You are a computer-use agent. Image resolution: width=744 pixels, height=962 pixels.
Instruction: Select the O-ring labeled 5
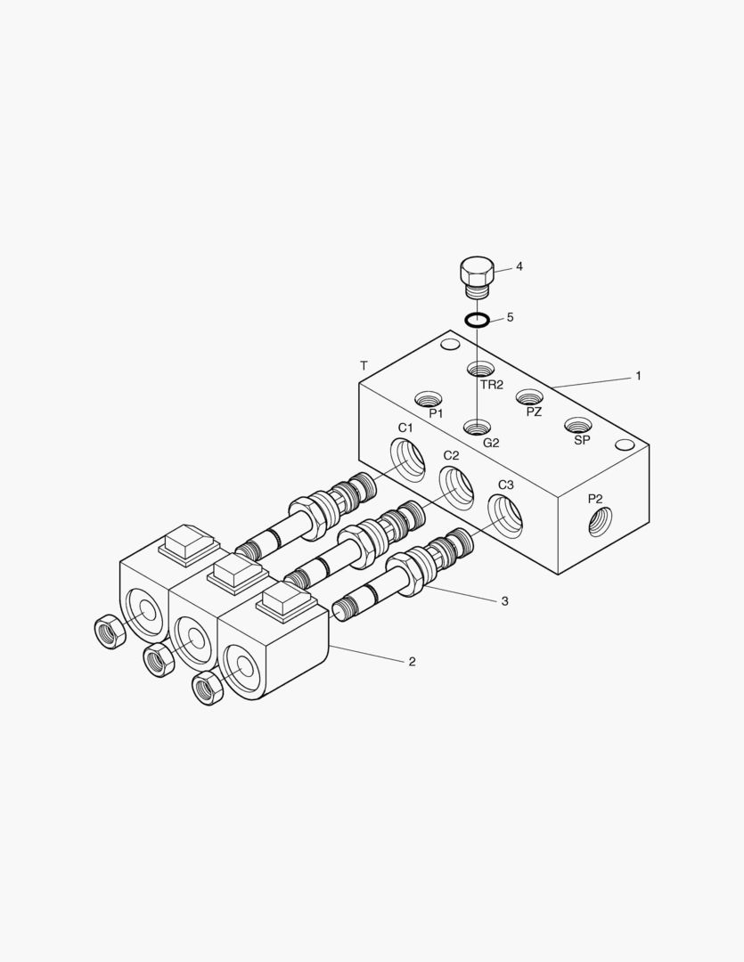(477, 320)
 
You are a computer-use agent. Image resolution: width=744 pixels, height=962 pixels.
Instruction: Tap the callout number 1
(638, 376)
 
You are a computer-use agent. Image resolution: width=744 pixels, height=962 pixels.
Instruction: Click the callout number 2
(412, 661)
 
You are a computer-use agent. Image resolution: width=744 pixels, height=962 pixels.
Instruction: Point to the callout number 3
(504, 601)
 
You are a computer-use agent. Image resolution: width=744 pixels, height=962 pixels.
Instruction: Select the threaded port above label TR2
(480, 370)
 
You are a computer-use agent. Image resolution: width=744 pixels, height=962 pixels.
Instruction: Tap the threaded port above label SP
(579, 426)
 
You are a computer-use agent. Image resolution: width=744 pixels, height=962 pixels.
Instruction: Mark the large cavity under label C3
(505, 515)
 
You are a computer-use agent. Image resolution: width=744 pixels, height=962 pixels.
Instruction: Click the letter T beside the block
(364, 366)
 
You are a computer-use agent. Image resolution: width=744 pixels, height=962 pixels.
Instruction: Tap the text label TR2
(492, 385)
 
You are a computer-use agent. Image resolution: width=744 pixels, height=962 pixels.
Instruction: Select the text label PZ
(534, 412)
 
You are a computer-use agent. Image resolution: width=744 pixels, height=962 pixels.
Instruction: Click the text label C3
(505, 485)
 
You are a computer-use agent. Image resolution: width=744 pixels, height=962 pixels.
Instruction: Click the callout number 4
(519, 266)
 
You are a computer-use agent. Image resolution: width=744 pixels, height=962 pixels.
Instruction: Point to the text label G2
(491, 443)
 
